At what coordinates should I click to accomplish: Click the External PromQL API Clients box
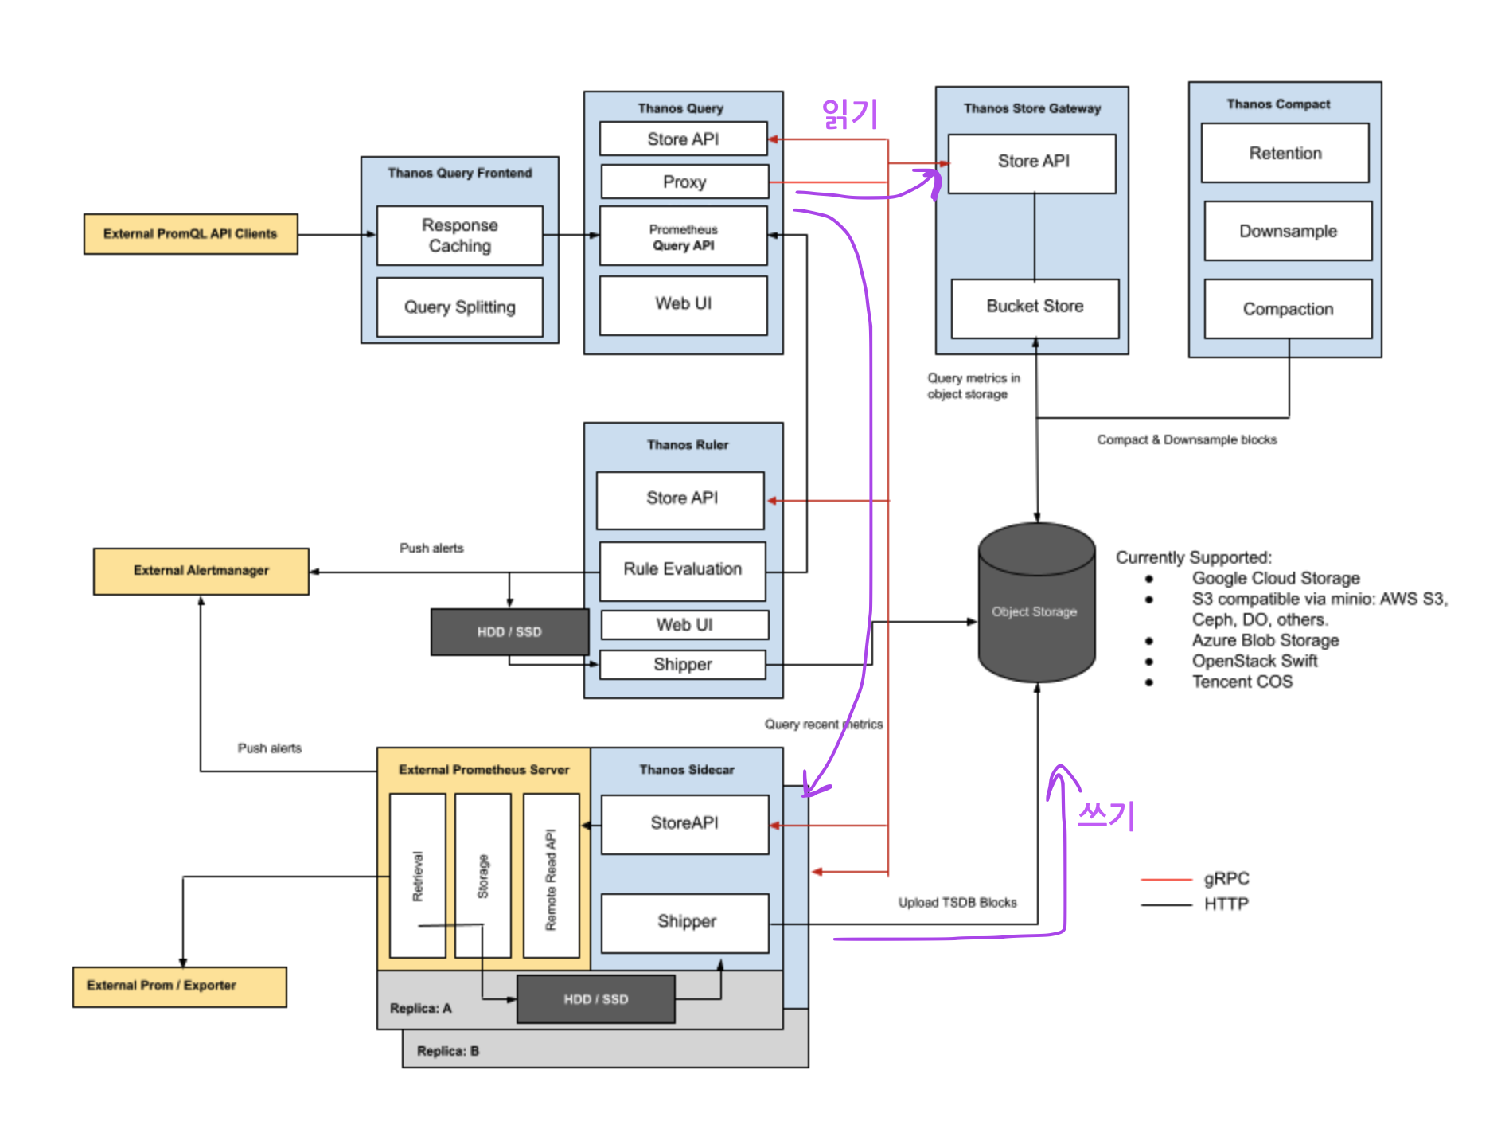coord(191,234)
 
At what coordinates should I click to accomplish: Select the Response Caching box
coord(460,236)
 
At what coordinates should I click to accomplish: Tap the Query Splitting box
coord(460,307)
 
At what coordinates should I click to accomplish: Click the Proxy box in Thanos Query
coord(684,182)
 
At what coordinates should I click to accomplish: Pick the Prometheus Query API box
coord(684,236)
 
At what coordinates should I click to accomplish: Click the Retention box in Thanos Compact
coord(1285,153)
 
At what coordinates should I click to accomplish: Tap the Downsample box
coord(1288,231)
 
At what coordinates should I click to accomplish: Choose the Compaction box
coord(1288,309)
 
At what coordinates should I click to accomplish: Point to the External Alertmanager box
coord(201,572)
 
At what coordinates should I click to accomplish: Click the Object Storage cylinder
coord(1036,603)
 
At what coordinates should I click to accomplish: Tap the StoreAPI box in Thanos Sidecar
coord(685,825)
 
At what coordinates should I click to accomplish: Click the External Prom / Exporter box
coord(180,987)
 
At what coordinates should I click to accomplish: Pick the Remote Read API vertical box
coord(551,876)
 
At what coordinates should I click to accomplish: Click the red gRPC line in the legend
coord(1166,880)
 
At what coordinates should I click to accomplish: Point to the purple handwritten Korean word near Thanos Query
coord(850,114)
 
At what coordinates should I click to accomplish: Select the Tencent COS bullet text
coord(1242,682)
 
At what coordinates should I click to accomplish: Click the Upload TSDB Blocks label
coord(957,903)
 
